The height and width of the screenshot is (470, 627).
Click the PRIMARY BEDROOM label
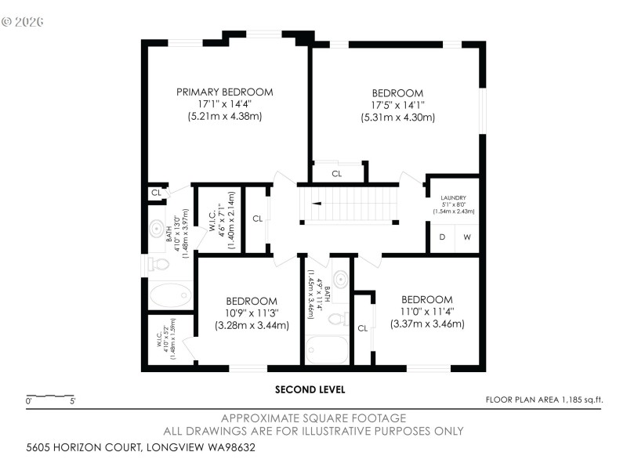coord(224,92)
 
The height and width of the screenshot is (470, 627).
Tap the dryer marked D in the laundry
coord(442,237)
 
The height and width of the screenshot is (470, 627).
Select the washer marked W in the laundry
coord(466,237)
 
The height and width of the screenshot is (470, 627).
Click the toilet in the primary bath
coord(158,265)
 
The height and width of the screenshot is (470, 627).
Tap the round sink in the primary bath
coord(156,230)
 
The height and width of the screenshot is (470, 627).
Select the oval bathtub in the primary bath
coord(169,295)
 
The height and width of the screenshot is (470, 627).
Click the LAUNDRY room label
coord(453,198)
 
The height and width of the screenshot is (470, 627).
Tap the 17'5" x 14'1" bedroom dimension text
coord(397,105)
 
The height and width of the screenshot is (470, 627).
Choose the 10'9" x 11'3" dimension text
coord(252,313)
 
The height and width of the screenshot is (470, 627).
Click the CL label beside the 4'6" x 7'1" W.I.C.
coord(257,219)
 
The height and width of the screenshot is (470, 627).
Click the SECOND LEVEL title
coord(310,389)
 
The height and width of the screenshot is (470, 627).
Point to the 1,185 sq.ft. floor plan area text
coord(545,399)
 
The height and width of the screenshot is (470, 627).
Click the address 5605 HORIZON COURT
coord(82,448)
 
